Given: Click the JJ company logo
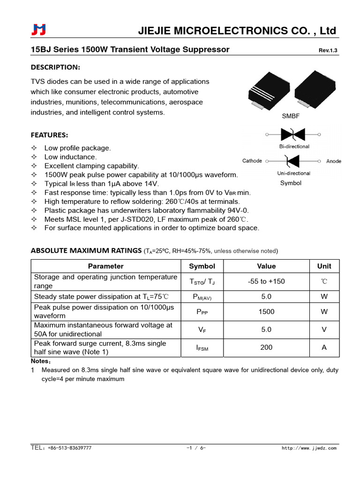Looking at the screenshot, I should pos(38,30).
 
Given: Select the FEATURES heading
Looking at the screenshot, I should pos(49,135).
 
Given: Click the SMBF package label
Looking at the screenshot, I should pos(290,116).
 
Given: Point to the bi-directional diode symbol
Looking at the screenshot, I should pos(293,135).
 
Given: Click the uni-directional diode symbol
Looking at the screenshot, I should pos(293,161).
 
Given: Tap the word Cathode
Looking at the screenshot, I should pos(252,161).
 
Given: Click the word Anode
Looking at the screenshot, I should pos(333,161).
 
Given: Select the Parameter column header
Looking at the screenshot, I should pos(105,266).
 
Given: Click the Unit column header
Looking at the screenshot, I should pos(324,266).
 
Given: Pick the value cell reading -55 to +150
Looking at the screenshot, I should pos(266,281).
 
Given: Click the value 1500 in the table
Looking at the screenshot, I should pos(266,312).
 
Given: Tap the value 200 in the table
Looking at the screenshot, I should pos(266,347).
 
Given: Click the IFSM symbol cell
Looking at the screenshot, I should pos(202,348).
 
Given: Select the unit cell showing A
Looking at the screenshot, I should pos(324,347).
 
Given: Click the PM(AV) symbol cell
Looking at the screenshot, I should pos(202,297).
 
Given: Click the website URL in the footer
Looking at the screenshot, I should pos(309,448).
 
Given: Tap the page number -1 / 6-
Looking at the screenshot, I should pos(196,448).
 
